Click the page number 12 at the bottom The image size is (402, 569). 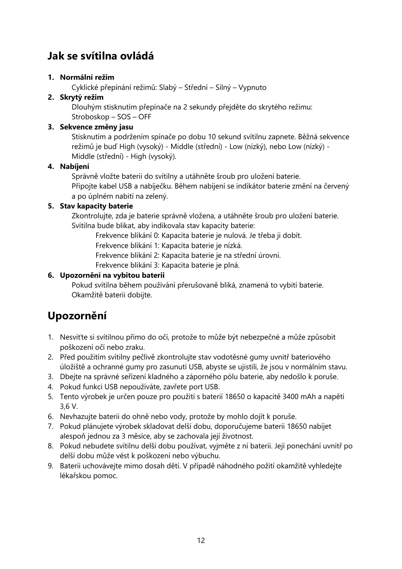pos(201,540)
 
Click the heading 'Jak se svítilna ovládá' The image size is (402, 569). pos(101,56)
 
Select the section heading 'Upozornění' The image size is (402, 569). pos(77,316)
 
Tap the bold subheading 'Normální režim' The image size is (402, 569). pos(87,77)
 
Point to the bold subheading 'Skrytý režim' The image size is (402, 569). pos(82,97)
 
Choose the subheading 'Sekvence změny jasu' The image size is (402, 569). pos(97,127)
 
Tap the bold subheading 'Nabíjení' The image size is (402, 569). pos(75,167)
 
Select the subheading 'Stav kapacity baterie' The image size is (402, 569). pos(97,206)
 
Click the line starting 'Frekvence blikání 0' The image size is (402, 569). pos(198,236)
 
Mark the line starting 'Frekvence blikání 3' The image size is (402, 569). pos(167,265)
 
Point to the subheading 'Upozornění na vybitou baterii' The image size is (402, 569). pos(112,275)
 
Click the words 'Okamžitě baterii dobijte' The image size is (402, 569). pos(112,295)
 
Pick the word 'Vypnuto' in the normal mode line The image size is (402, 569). pos(252,88)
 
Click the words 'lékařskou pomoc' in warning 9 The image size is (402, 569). pos(89,476)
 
